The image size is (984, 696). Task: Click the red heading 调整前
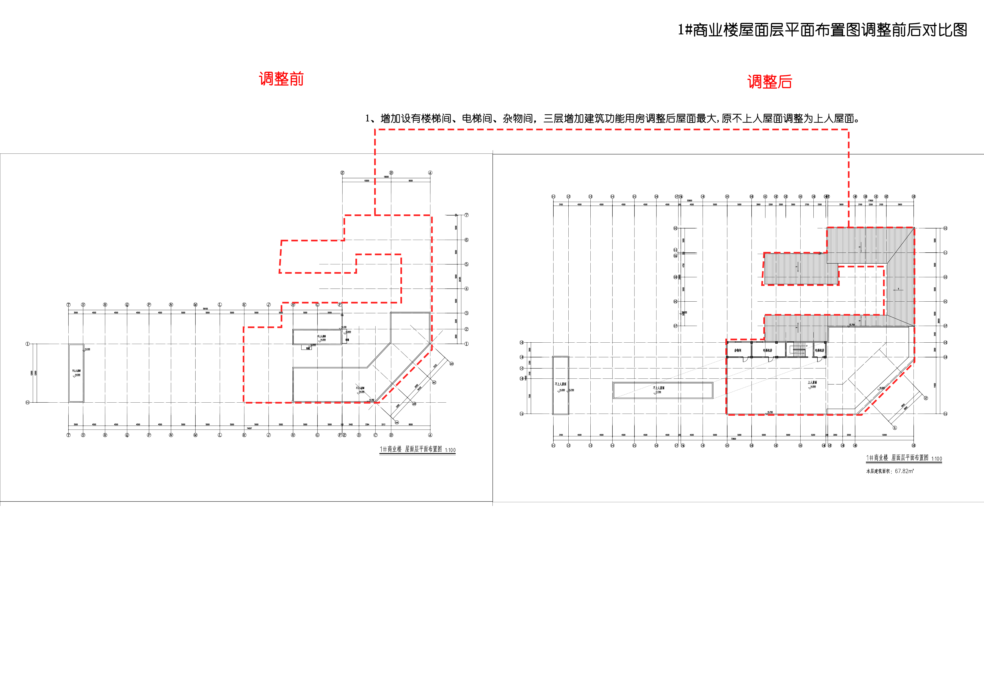281,79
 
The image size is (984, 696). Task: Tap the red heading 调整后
769,81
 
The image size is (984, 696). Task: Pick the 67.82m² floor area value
904,471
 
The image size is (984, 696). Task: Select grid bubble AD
451,364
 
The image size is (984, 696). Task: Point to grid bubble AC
434,382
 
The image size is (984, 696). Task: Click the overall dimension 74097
249,428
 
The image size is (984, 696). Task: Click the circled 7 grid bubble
466,215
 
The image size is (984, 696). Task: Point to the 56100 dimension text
205,309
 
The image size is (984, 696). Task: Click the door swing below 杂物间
744,359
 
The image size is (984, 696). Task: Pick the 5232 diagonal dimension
435,366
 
